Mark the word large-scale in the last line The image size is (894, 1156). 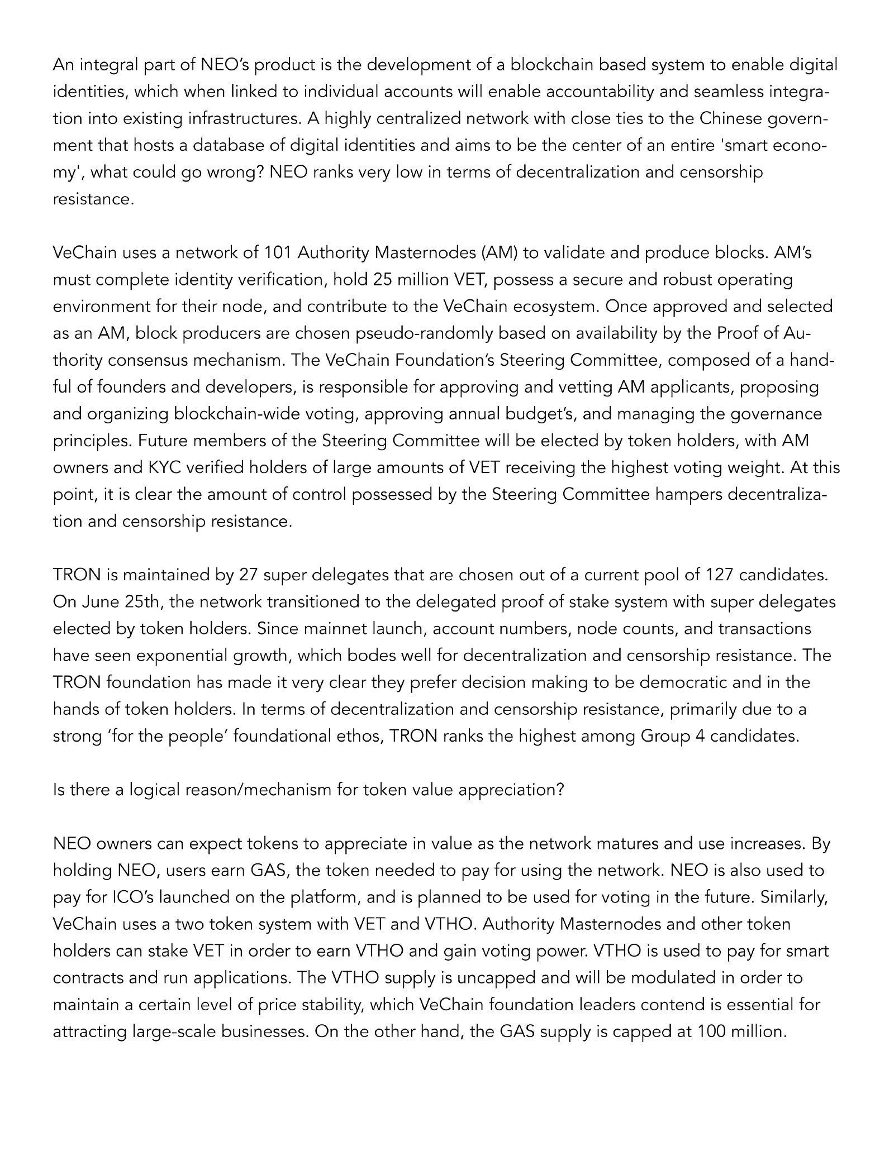point(174,1031)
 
